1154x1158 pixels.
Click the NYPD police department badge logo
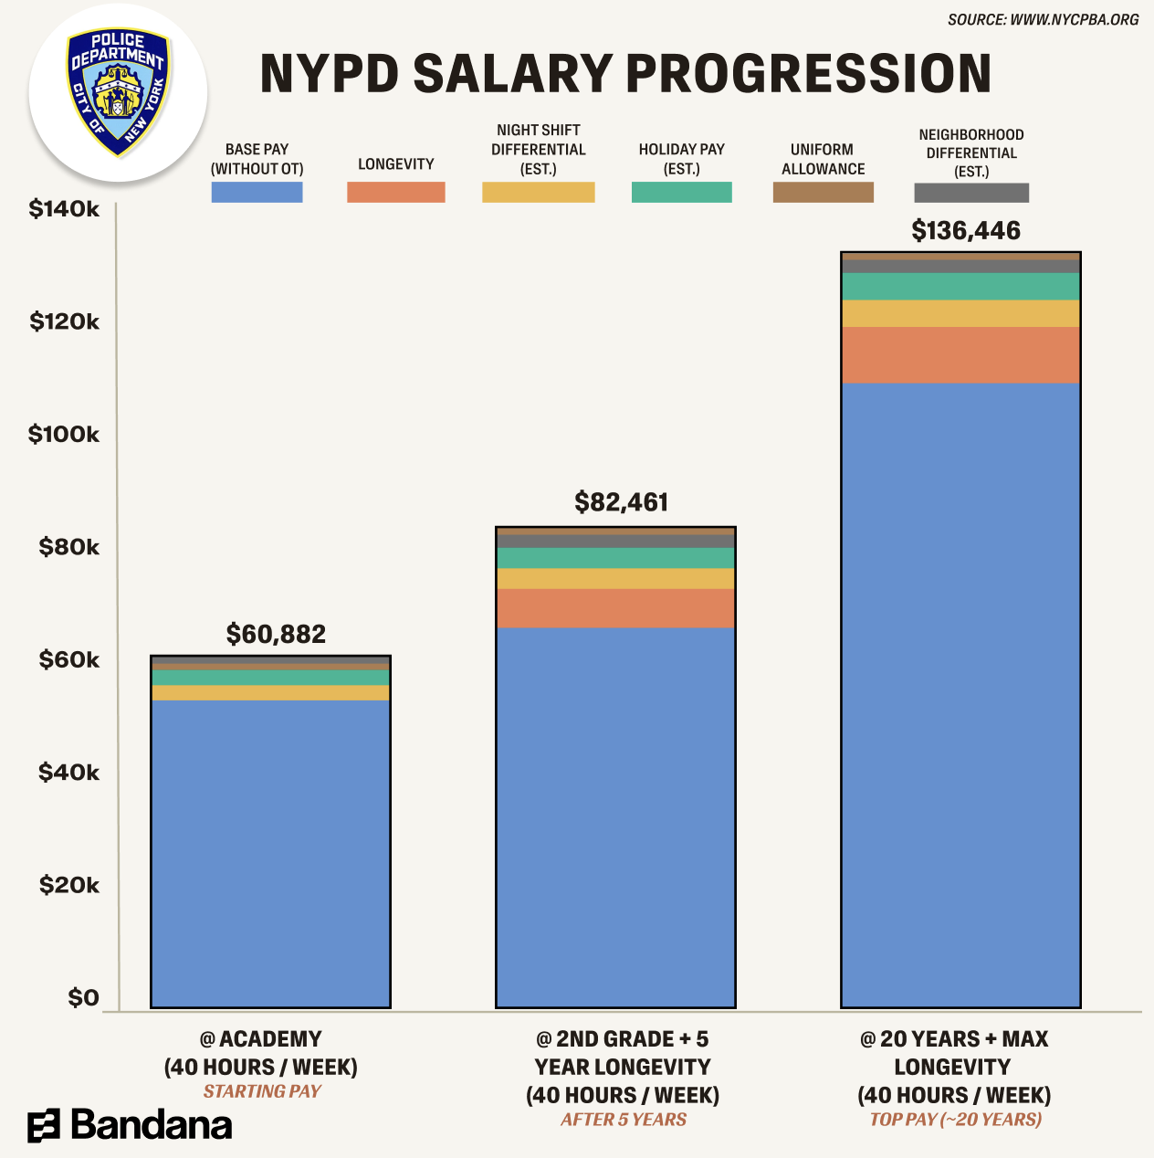pyautogui.click(x=119, y=92)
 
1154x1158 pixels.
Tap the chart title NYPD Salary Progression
pyautogui.click(x=625, y=74)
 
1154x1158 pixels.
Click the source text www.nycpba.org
pyautogui.click(x=1043, y=19)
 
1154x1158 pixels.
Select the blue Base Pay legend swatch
pyautogui.click(x=257, y=192)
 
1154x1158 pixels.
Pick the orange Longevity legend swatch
pyautogui.click(x=395, y=192)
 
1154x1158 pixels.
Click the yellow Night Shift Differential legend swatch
pyautogui.click(x=538, y=192)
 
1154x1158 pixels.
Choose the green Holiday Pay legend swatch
pyautogui.click(x=681, y=192)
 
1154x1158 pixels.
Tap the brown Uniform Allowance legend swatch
pyautogui.click(x=823, y=192)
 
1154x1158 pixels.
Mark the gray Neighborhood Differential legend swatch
pyautogui.click(x=970, y=193)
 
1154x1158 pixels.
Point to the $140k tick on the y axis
pyautogui.click(x=64, y=209)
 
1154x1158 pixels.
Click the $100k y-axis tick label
pyautogui.click(x=64, y=434)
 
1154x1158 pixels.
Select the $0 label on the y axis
pyautogui.click(x=83, y=997)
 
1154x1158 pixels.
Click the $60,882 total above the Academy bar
pyautogui.click(x=276, y=634)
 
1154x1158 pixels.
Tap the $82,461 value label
pyautogui.click(x=621, y=502)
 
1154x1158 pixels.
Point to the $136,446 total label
pyautogui.click(x=966, y=230)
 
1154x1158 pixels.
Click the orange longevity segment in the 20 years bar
pyautogui.click(x=960, y=354)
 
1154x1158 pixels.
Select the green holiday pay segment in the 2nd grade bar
pyautogui.click(x=615, y=558)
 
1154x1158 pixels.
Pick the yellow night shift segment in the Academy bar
pyautogui.click(x=270, y=693)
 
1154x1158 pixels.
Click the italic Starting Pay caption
pyautogui.click(x=262, y=1091)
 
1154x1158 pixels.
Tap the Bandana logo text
pyautogui.click(x=151, y=1125)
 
